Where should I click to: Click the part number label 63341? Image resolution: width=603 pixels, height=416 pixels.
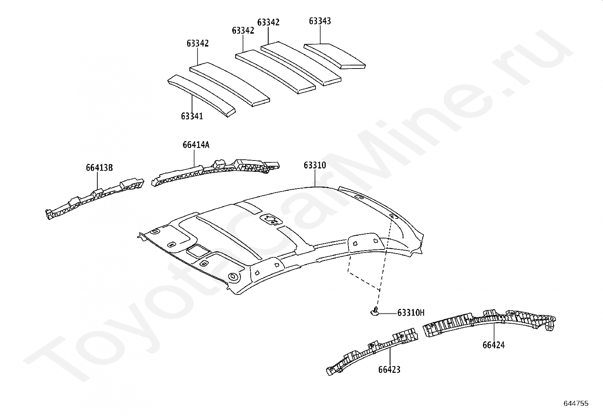pos(192,116)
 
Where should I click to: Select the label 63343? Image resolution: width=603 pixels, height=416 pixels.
pos(320,21)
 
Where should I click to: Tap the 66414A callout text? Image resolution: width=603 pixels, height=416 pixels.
pos(195,145)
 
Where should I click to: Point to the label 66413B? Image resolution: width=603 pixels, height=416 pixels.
pos(99,168)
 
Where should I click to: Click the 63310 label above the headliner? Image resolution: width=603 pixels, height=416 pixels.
pos(314,165)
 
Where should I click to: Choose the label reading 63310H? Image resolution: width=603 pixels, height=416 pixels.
pos(411,313)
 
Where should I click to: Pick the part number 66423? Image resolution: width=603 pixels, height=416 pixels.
pos(389,369)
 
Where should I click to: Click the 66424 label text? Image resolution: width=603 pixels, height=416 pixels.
pos(494,345)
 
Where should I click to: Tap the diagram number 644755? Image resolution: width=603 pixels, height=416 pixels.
pos(576,404)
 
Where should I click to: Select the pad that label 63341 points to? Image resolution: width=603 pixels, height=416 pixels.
pos(201,95)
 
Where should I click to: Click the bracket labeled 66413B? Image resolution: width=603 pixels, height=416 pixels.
pos(95,199)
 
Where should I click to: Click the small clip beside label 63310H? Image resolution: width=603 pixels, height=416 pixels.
pos(375,311)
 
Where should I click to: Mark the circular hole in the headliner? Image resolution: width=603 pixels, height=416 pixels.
pos(233,277)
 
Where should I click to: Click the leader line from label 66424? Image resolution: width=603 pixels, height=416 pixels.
pos(494,331)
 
